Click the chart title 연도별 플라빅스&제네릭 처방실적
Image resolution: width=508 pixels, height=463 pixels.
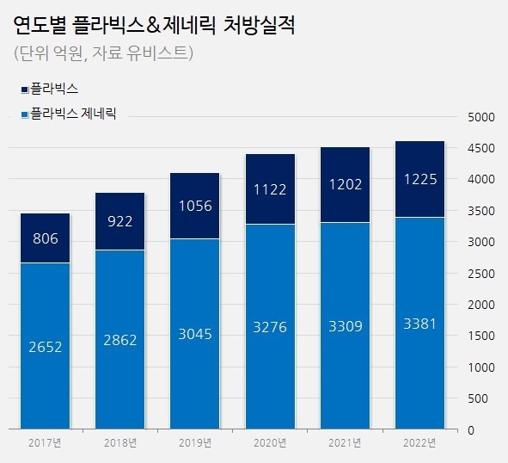154,25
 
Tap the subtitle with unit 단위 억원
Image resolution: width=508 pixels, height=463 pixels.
103,52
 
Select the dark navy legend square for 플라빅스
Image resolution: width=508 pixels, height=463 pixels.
25,90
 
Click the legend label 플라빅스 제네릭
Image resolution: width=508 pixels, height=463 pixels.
73,114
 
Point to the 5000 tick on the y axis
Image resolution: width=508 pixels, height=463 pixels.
481,117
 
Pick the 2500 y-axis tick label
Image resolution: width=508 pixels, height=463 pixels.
481,274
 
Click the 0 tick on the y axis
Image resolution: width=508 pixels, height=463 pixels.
471,430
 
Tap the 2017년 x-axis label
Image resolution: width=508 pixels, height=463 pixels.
45,443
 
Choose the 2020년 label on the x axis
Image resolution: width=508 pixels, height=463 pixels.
270,443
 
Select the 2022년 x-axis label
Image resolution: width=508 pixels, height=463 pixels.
419,443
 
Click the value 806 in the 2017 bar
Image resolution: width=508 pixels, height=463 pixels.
46,238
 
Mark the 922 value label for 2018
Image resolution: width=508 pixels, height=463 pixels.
119,222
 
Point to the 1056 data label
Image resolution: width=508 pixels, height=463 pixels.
195,206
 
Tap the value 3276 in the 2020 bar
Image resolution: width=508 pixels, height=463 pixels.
270,327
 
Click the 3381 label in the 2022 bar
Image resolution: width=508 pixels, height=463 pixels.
419,324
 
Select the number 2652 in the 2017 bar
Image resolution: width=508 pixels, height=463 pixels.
46,347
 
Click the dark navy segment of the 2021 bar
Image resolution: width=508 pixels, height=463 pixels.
345,185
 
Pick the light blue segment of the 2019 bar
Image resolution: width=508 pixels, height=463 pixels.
195,334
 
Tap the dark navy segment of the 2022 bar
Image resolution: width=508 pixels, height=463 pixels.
419,179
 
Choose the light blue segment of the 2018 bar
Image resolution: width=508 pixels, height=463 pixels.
119,340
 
